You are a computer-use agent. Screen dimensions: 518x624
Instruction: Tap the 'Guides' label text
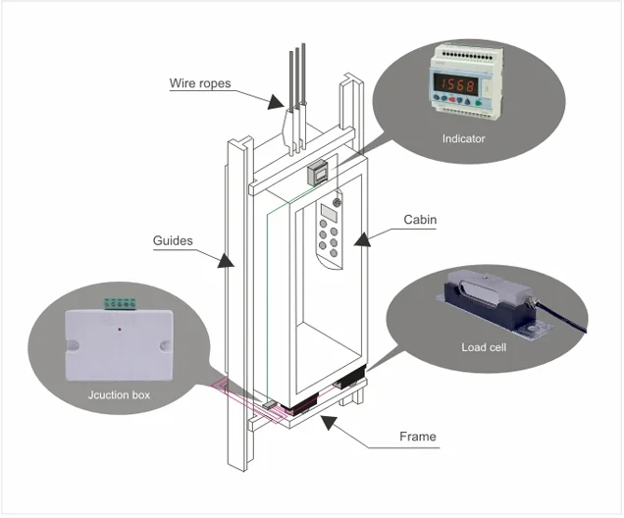174,238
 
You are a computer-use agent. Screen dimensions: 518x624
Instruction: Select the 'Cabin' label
420,220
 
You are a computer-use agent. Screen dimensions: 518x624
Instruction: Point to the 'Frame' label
418,436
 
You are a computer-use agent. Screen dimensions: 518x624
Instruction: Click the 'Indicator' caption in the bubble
463,138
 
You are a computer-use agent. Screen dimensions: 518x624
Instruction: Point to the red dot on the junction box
120,330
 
